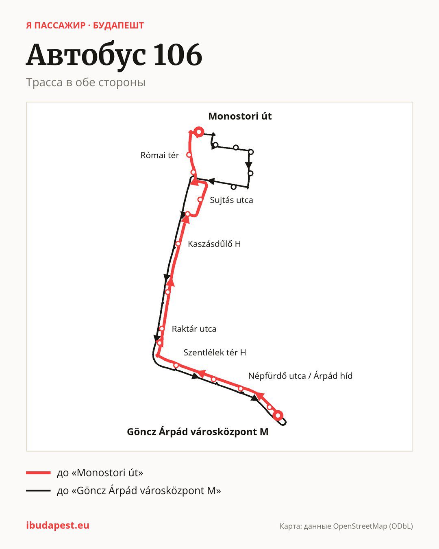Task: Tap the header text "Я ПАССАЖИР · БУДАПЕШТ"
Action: tap(85, 26)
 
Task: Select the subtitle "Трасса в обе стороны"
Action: tap(86, 83)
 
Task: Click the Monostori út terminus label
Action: tap(240, 116)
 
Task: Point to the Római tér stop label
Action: tap(160, 155)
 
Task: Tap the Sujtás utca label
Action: tap(231, 200)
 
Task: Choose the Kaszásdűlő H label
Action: tap(214, 244)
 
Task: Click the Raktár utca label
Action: tap(194, 329)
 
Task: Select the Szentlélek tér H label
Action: tap(215, 352)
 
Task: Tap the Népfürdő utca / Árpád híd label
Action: tap(300, 376)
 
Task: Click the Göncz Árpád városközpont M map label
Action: tap(198, 431)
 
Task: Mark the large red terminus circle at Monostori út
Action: tap(199, 132)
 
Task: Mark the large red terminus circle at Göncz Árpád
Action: tap(278, 415)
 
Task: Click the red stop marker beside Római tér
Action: tap(189, 155)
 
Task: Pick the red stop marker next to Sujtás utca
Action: tap(200, 200)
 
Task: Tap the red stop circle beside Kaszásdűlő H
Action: tap(178, 244)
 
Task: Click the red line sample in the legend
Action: tap(38, 473)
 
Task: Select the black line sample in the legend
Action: tap(38, 490)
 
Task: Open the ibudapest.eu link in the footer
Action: tap(58, 525)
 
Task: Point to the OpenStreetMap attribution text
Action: tap(346, 526)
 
